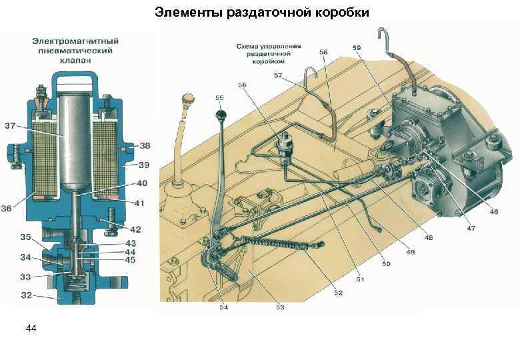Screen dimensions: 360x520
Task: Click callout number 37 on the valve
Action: click(x=11, y=125)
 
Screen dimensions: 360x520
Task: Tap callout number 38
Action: click(x=145, y=145)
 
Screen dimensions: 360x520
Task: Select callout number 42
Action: click(x=136, y=229)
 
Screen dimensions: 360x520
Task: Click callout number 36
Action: click(x=8, y=209)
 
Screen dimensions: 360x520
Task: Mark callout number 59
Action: click(x=357, y=48)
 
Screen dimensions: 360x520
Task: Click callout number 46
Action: click(x=494, y=212)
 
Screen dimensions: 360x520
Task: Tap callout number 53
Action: click(x=280, y=307)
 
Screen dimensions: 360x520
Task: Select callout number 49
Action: click(x=410, y=251)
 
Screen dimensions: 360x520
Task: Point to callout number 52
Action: click(x=339, y=293)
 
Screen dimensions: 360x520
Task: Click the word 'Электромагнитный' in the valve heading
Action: click(x=73, y=41)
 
